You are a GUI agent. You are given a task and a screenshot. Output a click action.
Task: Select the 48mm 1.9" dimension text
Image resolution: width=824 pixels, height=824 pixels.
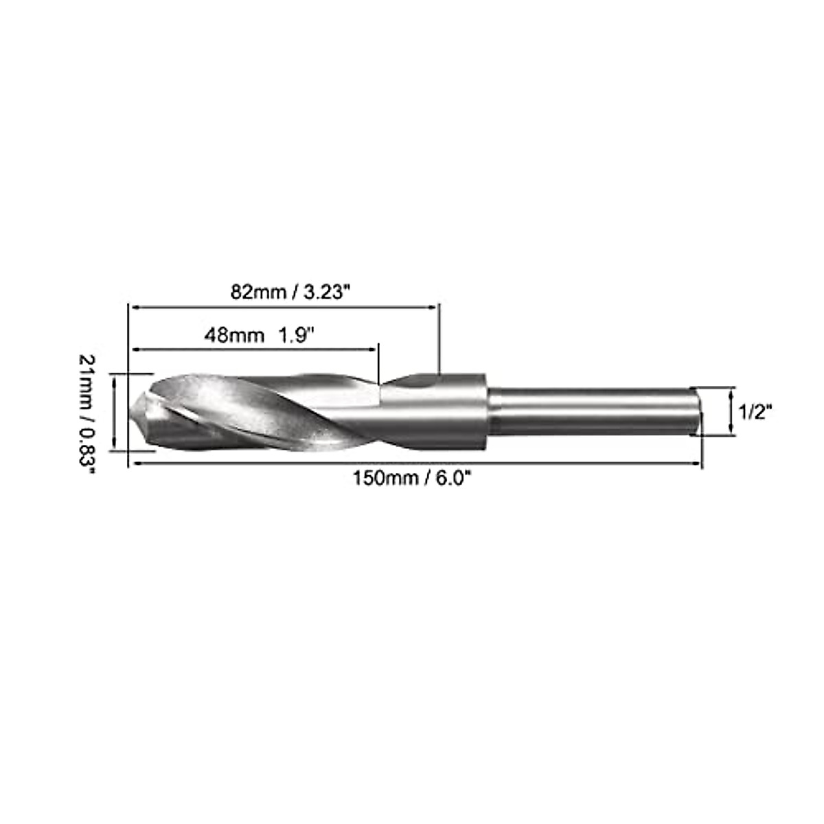259,335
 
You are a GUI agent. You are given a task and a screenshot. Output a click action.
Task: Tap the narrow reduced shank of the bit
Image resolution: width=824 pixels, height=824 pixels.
591,411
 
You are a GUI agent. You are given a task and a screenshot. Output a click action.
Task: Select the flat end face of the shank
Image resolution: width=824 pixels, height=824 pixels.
698,411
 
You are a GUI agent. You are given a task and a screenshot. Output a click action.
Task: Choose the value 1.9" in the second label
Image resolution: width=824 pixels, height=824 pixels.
296,335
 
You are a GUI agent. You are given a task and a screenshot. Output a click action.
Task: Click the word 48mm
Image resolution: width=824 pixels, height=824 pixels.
234,335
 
